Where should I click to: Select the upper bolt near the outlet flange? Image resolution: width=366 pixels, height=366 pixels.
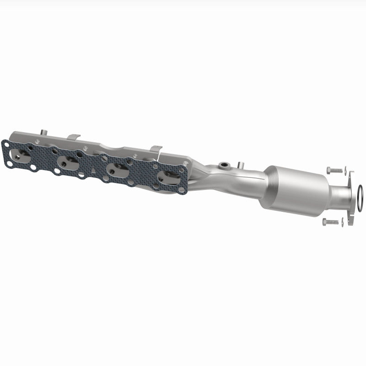point(335,170)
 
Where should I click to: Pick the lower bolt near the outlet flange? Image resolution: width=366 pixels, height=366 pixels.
point(330,221)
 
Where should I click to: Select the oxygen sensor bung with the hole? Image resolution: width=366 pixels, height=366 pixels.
point(224,165)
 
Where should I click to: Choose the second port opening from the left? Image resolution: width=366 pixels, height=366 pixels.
point(69,161)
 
